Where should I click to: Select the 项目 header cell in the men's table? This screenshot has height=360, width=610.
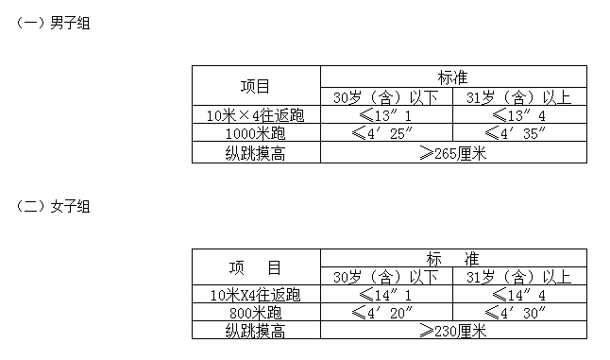coord(255,86)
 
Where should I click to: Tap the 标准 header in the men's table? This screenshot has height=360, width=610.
coord(453,77)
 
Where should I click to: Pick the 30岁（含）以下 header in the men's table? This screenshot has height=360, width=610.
coord(386,96)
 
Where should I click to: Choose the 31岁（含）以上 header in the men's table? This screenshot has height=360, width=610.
coord(519,96)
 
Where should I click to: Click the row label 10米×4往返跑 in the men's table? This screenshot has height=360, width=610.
coord(255,115)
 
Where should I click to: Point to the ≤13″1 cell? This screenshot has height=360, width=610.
coord(386,115)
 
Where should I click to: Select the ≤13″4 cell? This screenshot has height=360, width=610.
coord(519,115)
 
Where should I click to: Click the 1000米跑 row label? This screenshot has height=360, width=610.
coord(255,134)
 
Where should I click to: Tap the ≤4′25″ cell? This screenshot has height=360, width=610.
coord(386,134)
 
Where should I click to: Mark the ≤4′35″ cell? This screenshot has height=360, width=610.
coord(519,134)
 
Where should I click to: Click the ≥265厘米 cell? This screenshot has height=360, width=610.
coord(453,153)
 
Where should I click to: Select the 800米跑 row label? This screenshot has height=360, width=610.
coord(255,313)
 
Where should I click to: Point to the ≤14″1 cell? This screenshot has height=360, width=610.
coord(386,295)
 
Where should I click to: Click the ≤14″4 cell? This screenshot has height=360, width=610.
coord(519,295)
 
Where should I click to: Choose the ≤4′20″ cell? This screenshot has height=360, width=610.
coord(386,313)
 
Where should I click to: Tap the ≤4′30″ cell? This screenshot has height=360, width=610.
coord(519,313)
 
